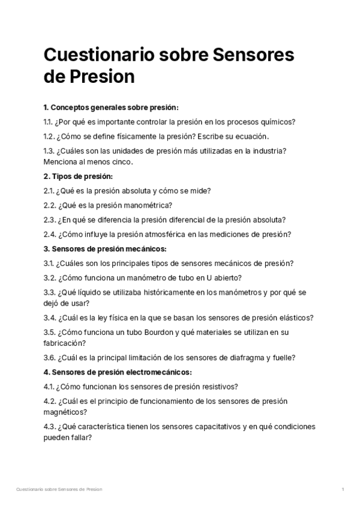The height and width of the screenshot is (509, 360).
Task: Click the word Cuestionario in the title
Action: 95,55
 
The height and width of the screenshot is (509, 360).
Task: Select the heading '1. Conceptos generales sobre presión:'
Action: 111,107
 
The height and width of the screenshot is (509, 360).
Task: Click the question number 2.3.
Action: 50,219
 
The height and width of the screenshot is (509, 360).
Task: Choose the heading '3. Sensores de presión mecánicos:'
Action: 105,248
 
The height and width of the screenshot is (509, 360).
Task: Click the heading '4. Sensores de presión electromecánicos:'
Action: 118,372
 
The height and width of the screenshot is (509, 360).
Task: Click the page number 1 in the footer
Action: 342,490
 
